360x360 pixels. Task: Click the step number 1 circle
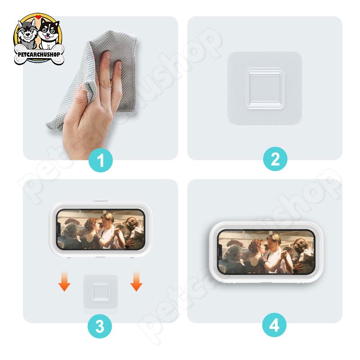(100, 160)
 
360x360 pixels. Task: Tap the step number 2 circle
(275, 159)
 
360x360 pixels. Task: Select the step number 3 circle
(100, 326)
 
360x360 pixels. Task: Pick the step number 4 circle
(274, 325)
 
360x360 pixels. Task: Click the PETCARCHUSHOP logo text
(39, 54)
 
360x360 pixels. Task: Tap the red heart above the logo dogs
(38, 17)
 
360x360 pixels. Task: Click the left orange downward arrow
(64, 281)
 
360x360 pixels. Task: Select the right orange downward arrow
(136, 281)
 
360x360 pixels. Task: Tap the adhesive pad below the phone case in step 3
(100, 291)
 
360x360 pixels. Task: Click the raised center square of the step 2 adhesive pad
(265, 89)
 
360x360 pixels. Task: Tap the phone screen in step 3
(100, 229)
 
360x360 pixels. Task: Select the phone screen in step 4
(266, 252)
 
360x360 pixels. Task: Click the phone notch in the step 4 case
(220, 252)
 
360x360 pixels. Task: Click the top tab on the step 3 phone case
(100, 201)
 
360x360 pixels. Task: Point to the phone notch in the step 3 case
(58, 229)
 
